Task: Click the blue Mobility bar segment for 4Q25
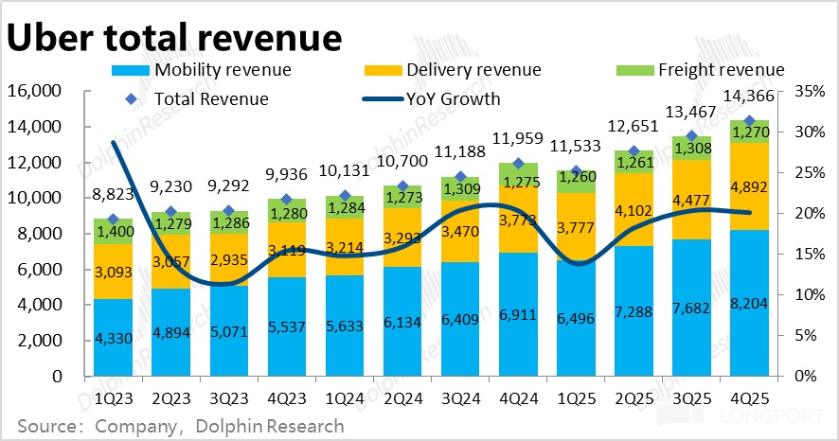(x=750, y=303)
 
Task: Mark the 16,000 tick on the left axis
(x=34, y=91)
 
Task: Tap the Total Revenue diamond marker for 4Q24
(x=517, y=164)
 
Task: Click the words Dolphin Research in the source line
(x=270, y=426)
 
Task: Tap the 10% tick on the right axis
(x=802, y=294)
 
